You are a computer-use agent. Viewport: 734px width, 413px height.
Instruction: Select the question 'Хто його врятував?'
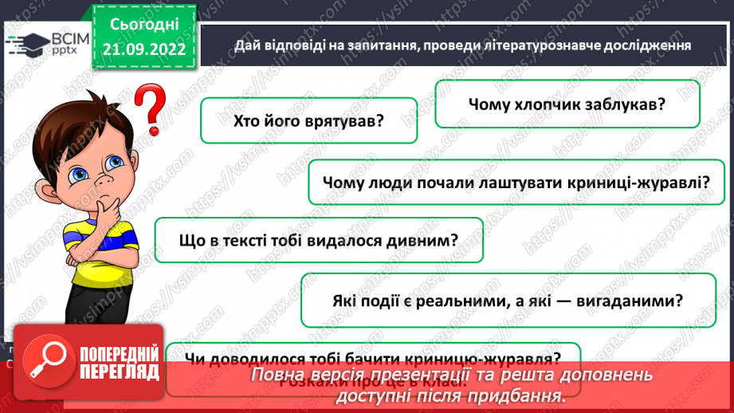(309, 121)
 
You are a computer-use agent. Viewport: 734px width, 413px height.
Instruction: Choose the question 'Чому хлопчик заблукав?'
(567, 104)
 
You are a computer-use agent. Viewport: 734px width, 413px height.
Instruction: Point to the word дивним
(425, 240)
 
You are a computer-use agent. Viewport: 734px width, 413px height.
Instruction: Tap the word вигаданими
(630, 301)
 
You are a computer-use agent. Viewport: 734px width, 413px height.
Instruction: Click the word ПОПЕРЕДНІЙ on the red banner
(116, 353)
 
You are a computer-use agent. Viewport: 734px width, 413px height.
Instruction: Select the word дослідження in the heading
(646, 45)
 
